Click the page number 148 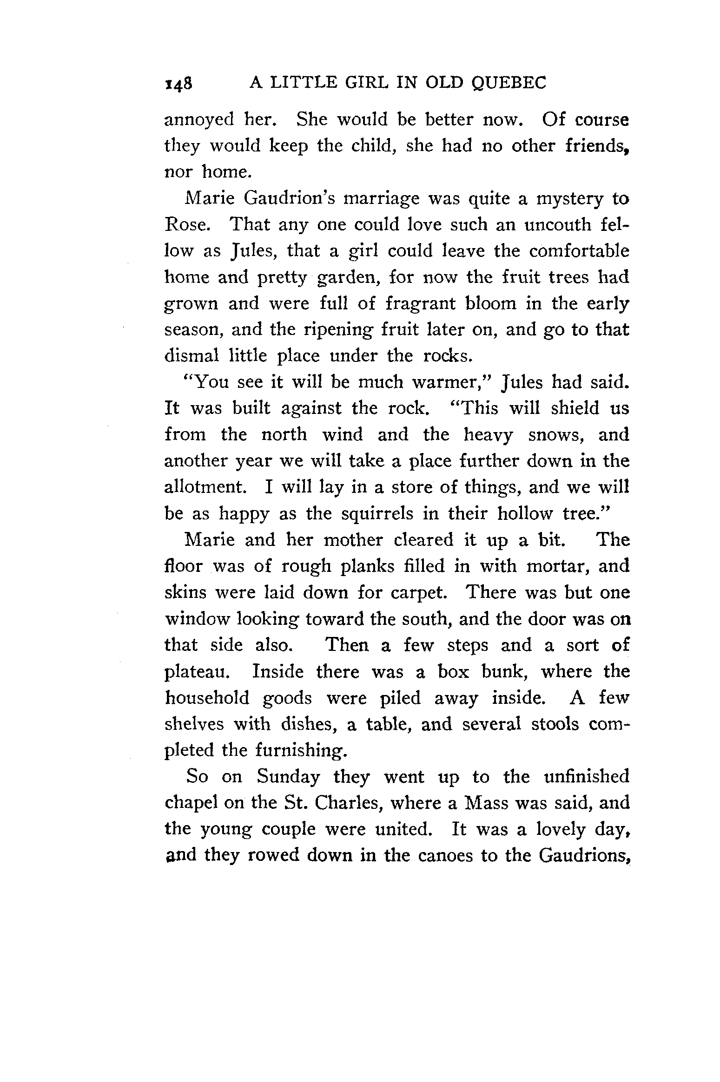point(178,84)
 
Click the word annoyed point(199,121)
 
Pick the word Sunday point(289,777)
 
